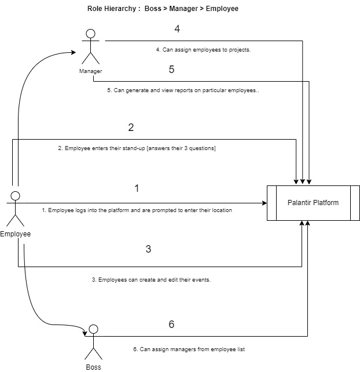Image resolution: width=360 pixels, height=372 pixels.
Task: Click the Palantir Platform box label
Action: (313, 203)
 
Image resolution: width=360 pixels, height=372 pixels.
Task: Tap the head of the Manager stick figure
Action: (90, 34)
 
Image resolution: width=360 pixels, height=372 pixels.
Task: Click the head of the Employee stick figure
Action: (16, 196)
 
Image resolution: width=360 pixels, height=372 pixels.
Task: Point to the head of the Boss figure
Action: (94, 329)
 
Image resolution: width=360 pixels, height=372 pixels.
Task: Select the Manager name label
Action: (90, 71)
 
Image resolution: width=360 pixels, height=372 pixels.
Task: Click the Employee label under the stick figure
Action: (16, 234)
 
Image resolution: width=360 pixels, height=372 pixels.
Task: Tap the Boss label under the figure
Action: (93, 367)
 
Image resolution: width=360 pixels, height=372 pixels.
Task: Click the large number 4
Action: (177, 29)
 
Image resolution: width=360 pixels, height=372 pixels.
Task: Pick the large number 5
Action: (171, 70)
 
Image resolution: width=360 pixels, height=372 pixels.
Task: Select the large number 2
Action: (131, 127)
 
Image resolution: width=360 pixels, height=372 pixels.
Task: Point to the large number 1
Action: (137, 188)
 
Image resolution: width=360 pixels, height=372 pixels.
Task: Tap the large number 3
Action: (148, 249)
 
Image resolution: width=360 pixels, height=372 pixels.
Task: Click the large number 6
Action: (171, 324)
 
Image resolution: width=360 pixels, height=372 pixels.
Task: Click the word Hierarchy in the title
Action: (120, 9)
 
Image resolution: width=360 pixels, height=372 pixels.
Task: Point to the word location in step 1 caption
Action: (222, 210)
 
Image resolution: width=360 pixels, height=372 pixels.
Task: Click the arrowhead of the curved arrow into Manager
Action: (74, 52)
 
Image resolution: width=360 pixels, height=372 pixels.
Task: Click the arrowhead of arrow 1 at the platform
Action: (265, 203)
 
